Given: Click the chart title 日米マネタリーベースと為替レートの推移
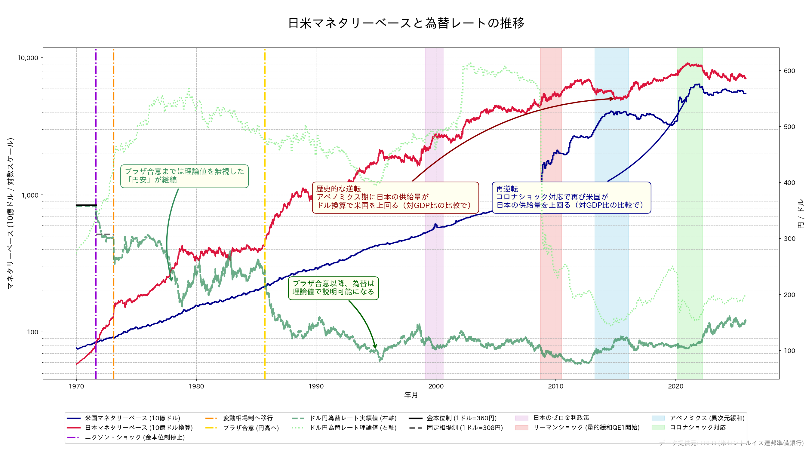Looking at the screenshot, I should tap(406, 23).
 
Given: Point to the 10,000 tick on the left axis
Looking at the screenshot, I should tap(27, 58).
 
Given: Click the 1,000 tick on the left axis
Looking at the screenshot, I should tap(30, 195).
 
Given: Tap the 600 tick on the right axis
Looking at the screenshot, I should tap(789, 71).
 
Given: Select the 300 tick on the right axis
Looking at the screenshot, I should tap(789, 239).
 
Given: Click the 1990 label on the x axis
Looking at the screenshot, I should tap(316, 386).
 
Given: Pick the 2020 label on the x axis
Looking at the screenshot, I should tap(675, 386).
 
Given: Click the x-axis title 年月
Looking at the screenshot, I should tap(411, 395).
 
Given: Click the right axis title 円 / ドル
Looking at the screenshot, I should tap(801, 214).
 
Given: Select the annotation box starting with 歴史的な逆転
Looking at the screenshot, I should tap(395, 197).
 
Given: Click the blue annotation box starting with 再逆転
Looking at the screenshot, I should tap(571, 197).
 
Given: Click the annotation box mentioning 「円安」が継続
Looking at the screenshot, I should tap(184, 176).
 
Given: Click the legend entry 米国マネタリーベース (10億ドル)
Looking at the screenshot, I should tap(132, 418).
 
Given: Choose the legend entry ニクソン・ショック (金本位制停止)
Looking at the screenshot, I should tap(135, 437).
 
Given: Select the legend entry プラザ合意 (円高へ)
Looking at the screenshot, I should tap(251, 428).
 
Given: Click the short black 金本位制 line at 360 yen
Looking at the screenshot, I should tap(86, 205).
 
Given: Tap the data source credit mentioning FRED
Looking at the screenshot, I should tap(731, 443).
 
